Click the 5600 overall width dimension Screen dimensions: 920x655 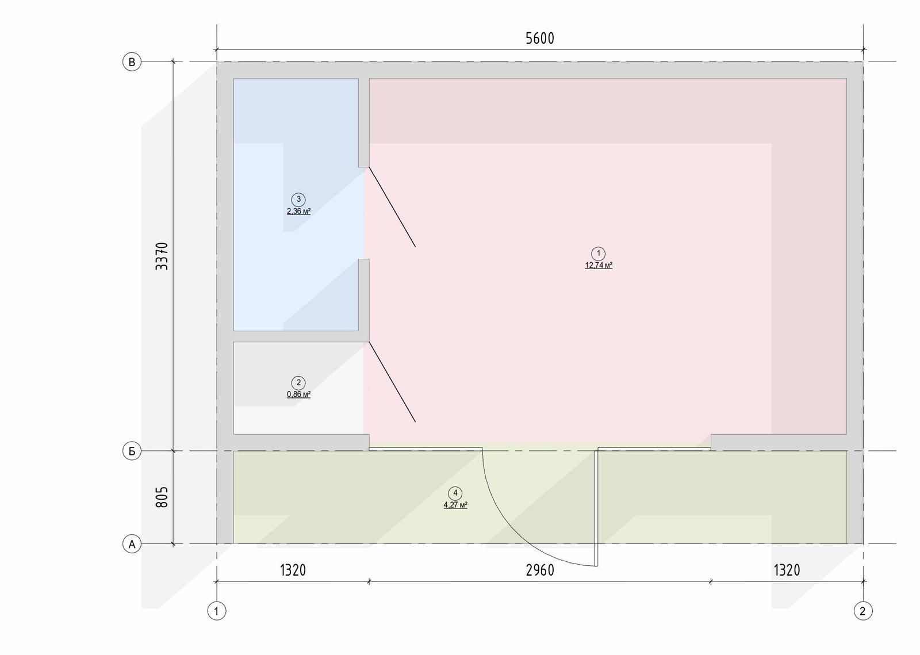point(540,38)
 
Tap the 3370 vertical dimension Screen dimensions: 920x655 point(162,256)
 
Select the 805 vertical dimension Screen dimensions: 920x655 point(162,497)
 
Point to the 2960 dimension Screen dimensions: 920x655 point(540,570)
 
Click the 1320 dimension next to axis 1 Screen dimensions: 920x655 point(293,570)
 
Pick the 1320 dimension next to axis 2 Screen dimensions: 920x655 point(787,570)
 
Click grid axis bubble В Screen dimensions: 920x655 point(132,62)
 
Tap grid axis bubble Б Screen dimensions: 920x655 point(132,451)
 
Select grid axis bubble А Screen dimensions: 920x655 point(132,544)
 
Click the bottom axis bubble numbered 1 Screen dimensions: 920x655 point(216,611)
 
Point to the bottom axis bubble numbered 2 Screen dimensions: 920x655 point(863,611)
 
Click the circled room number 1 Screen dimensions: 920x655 point(599,254)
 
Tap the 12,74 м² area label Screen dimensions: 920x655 point(599,265)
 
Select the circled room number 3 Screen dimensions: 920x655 point(298,200)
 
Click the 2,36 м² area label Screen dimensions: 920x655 point(298,212)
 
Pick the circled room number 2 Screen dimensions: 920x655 point(298,383)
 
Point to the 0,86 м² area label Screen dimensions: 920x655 point(298,394)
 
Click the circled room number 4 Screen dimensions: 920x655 point(455,493)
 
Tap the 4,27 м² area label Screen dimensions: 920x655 point(455,505)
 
